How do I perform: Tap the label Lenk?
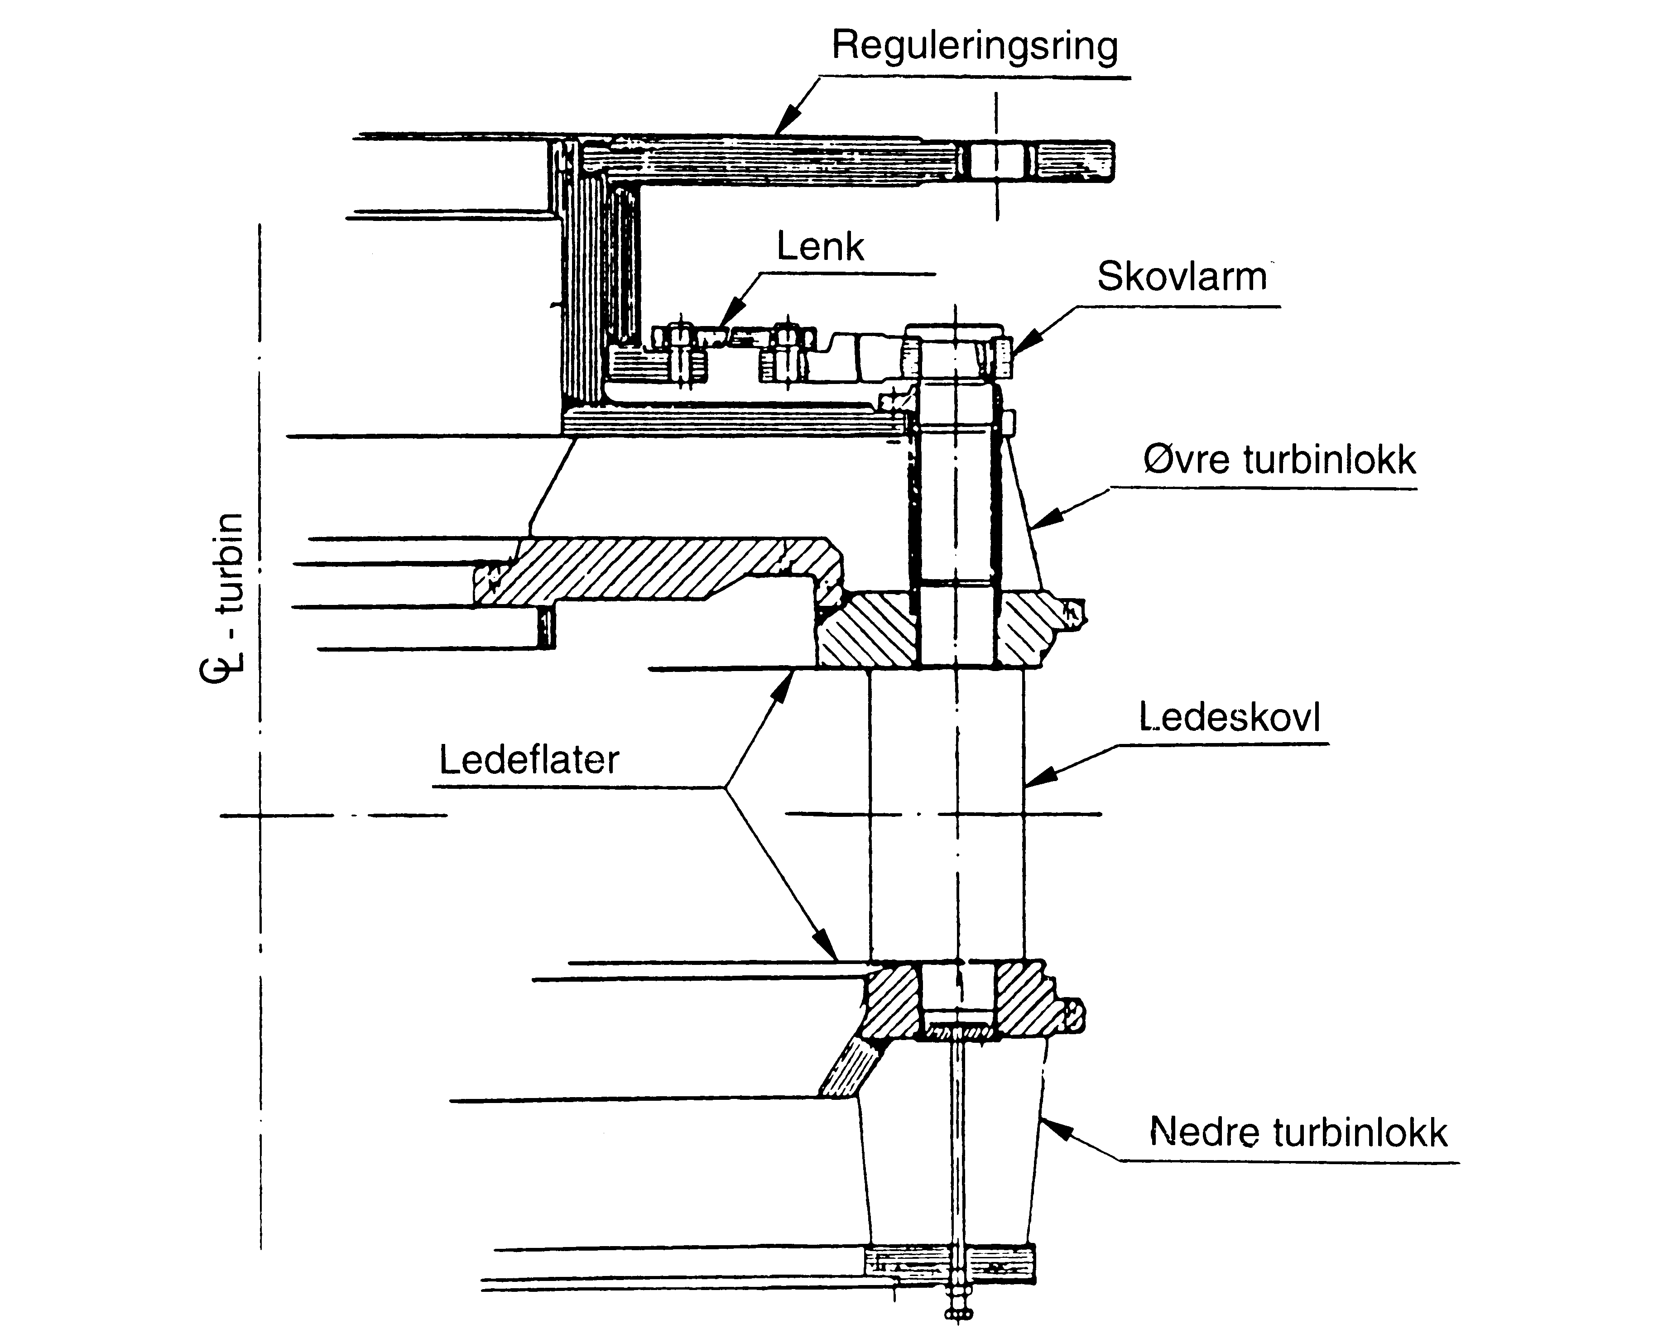coord(820,248)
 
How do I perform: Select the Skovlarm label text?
coord(1182,277)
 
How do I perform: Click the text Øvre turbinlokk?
coord(1279,460)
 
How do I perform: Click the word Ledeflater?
coord(529,760)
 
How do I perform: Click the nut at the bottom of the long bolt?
coord(958,1313)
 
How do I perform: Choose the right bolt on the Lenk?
coord(786,352)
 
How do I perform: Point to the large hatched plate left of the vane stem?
coord(658,569)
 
